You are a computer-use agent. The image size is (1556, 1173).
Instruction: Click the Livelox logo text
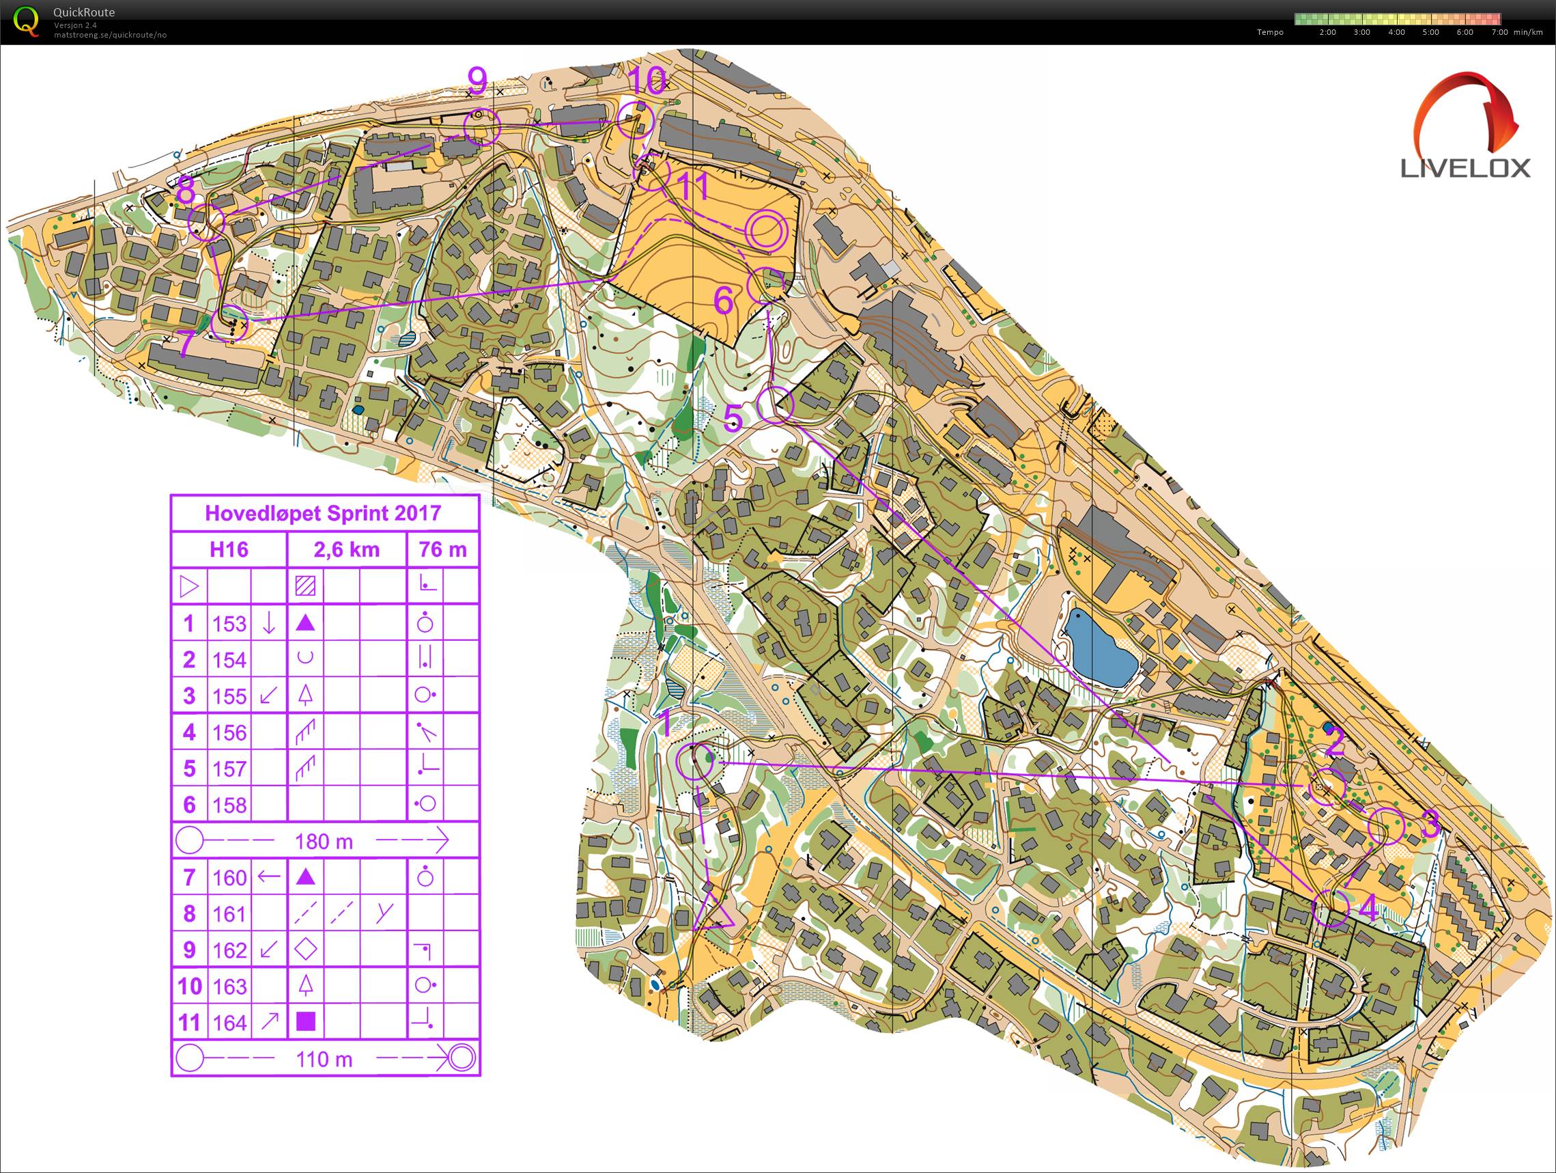(1465, 167)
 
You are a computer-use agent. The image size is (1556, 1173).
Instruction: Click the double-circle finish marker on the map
(765, 230)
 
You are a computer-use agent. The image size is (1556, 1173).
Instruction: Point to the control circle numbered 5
(776, 404)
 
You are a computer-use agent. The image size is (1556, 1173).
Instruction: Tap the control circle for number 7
(230, 324)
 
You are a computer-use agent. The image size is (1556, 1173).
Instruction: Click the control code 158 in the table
(229, 804)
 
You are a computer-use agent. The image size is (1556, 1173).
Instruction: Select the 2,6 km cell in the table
(347, 549)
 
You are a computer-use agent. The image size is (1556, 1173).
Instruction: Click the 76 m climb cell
(442, 549)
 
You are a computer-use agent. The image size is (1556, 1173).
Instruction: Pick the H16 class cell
(229, 549)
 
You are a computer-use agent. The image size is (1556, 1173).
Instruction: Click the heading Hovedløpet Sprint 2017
(323, 513)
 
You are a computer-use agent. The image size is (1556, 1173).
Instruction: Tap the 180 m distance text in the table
(324, 841)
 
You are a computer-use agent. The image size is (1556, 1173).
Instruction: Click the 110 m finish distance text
(324, 1059)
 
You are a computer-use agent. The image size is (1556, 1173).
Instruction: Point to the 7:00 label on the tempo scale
(1499, 32)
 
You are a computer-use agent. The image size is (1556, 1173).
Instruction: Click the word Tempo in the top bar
(1270, 32)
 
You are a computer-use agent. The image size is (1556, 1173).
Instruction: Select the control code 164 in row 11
(229, 1023)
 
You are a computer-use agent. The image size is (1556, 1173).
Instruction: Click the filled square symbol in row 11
(305, 1022)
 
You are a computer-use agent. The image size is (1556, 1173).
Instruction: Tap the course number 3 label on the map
(1430, 825)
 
